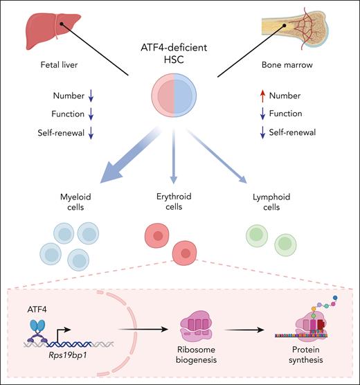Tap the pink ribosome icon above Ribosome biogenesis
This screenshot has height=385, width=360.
point(206,319)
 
